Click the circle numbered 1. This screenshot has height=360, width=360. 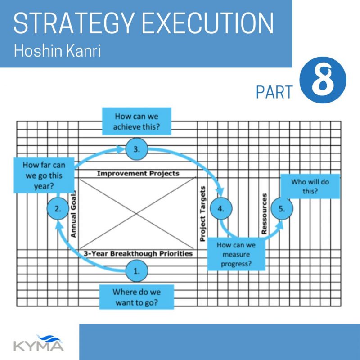pyautogui.click(x=137, y=271)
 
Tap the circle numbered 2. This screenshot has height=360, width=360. pyautogui.click(x=58, y=209)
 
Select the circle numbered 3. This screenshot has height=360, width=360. pyautogui.click(x=137, y=149)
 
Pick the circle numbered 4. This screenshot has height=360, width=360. pyautogui.click(x=221, y=209)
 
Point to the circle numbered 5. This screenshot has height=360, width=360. pyautogui.click(x=282, y=209)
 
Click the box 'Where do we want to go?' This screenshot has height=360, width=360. pyautogui.click(x=137, y=297)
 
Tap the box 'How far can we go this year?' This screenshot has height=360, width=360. pyautogui.click(x=44, y=175)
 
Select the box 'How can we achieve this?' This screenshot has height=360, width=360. pyautogui.click(x=137, y=121)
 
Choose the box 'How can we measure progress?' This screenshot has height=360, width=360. pyautogui.click(x=236, y=254)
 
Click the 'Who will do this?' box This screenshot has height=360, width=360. pyautogui.click(x=310, y=186)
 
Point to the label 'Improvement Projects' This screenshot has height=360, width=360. pyautogui.click(x=138, y=173)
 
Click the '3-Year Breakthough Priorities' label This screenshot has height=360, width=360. pyautogui.click(x=138, y=253)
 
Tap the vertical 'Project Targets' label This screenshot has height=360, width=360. pyautogui.click(x=202, y=214)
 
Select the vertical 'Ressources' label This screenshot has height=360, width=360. pyautogui.click(x=264, y=214)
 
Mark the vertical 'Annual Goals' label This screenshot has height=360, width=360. pyautogui.click(x=73, y=214)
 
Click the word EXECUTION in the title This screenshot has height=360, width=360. pyautogui.click(x=207, y=23)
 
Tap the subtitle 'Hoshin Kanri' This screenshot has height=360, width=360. pyautogui.click(x=58, y=50)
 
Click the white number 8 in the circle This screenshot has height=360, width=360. pyautogui.click(x=323, y=80)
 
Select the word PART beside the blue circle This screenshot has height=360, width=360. pyautogui.click(x=274, y=92)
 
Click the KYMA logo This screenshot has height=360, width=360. pyautogui.click(x=39, y=343)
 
